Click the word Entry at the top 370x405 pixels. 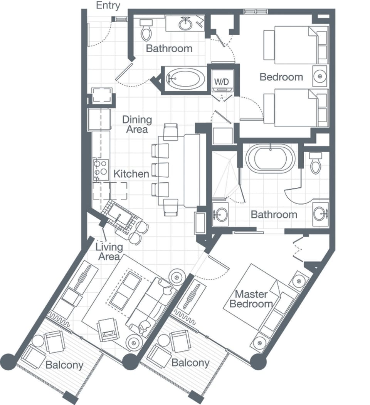click(108, 5)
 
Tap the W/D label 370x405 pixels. click(221, 82)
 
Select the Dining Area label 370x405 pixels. click(137, 124)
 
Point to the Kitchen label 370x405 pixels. click(131, 174)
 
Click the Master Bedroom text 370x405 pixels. click(251, 299)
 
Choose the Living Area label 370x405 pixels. click(109, 252)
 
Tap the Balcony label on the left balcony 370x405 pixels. click(64, 365)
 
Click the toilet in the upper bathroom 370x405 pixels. click(146, 30)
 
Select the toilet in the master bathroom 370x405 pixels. click(315, 163)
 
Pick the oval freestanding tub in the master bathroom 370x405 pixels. click(270, 158)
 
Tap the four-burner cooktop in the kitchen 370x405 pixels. click(101, 169)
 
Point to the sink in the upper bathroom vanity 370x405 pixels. click(185, 24)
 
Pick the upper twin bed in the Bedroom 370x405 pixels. click(295, 45)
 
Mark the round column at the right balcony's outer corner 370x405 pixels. click(258, 362)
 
